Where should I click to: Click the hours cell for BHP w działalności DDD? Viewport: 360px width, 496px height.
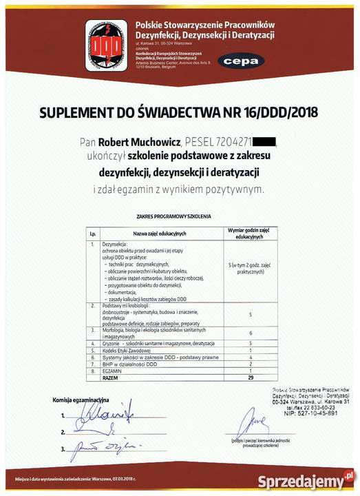coord(251,365)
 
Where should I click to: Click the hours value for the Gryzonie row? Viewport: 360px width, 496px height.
coord(251,342)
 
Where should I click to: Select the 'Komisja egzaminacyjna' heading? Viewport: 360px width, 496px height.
coord(81,400)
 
